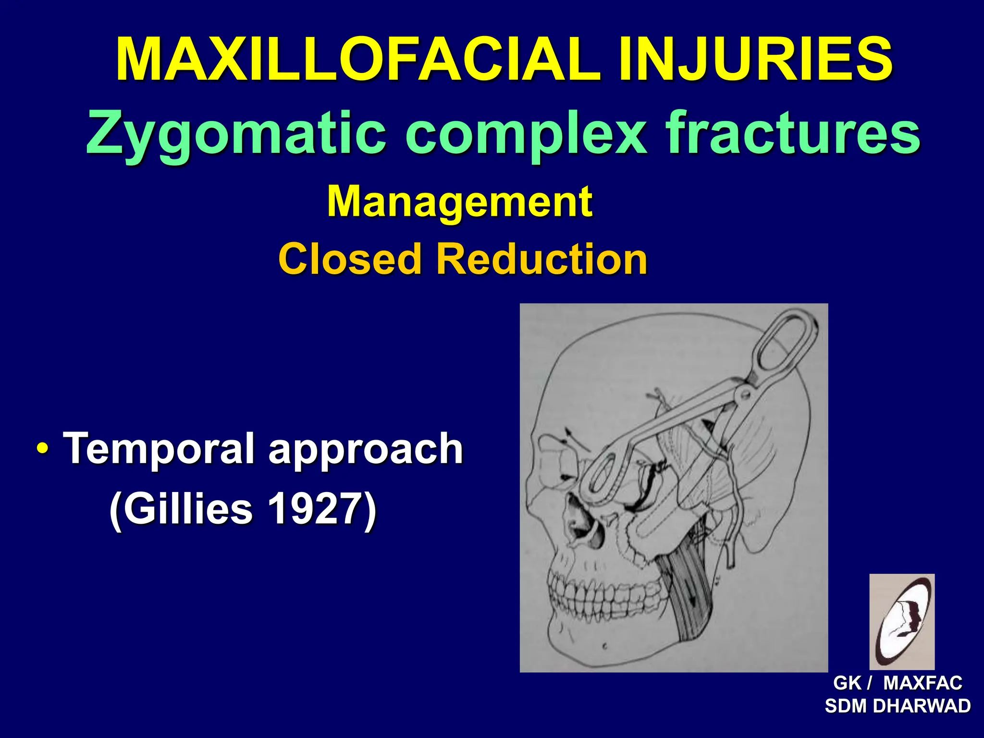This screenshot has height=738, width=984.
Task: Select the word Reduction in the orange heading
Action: [541, 259]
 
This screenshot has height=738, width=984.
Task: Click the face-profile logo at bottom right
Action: [902, 621]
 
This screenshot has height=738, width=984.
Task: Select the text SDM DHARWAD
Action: [898, 706]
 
